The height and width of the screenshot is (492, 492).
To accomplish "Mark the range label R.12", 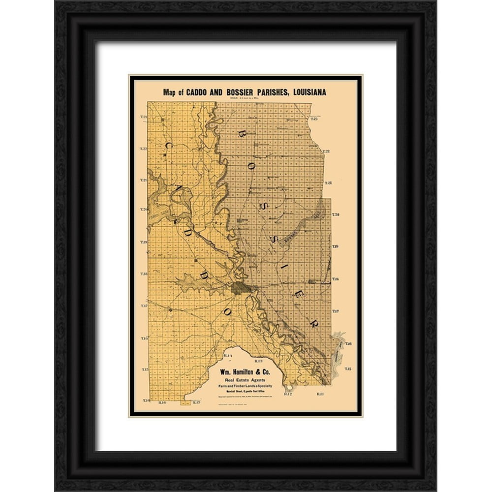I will (288, 394).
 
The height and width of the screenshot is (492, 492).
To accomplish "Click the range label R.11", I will (320, 394).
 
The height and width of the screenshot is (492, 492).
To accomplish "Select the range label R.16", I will (163, 402).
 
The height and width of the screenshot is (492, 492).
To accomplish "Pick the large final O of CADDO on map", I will (227, 311).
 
